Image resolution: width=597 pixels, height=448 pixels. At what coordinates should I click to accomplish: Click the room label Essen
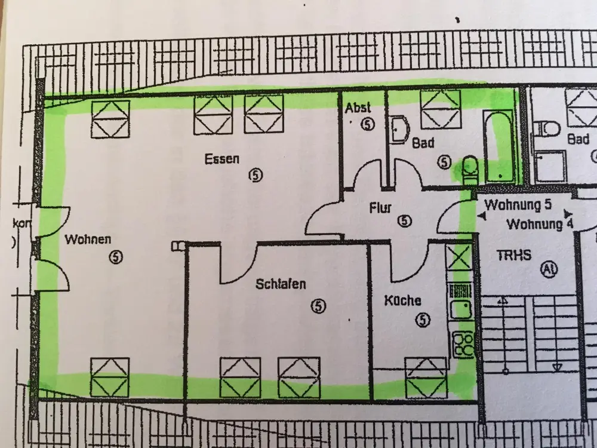click(x=221, y=159)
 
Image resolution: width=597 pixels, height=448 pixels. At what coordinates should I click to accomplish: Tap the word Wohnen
click(x=88, y=240)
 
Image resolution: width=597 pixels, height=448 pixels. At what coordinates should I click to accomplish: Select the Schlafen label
click(x=280, y=284)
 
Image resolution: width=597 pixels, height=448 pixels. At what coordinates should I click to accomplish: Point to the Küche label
click(x=402, y=301)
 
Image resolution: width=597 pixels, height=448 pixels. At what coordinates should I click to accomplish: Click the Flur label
click(x=380, y=208)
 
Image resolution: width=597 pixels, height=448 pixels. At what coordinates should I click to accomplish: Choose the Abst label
click(x=358, y=108)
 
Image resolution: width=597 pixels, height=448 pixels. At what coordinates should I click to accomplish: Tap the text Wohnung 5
click(x=517, y=205)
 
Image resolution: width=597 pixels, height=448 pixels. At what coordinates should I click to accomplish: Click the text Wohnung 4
click(x=535, y=225)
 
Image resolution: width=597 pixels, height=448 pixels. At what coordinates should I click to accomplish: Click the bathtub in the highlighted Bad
click(x=497, y=144)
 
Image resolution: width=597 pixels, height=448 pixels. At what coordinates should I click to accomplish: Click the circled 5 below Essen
click(x=256, y=175)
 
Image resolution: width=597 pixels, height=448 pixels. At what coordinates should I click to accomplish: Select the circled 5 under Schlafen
click(x=319, y=305)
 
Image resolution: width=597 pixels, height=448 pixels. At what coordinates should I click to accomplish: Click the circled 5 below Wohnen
click(x=116, y=257)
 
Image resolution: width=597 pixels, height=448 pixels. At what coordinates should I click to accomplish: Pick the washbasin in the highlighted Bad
click(x=399, y=128)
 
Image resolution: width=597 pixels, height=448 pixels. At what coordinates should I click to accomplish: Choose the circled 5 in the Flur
click(x=405, y=221)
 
